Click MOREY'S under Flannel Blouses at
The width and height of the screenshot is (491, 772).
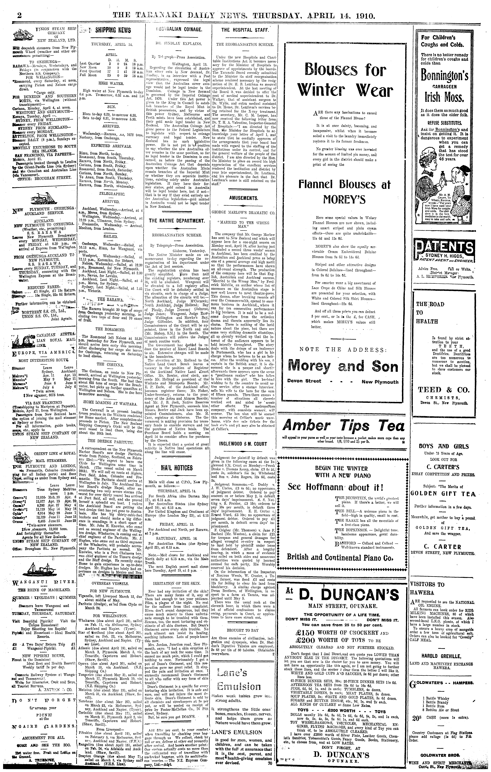345,200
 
